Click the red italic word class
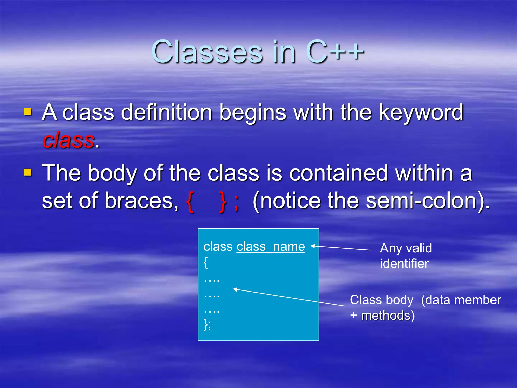pos(68,140)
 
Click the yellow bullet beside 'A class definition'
pos(28,112)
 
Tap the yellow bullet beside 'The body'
pos(28,173)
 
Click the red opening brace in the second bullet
pos(190,202)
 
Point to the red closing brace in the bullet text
pos(223,202)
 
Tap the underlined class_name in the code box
pos(271,247)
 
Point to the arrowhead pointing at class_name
pos(313,246)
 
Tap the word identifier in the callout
pos(404,264)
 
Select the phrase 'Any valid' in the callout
pos(406,248)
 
